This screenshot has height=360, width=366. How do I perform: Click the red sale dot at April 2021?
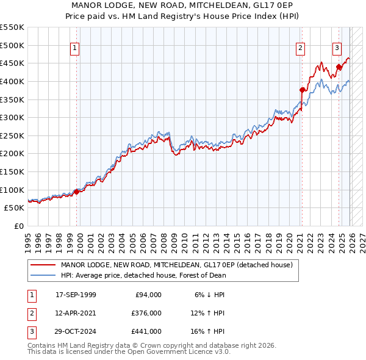click(302, 90)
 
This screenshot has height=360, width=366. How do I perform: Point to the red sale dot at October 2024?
click(339, 67)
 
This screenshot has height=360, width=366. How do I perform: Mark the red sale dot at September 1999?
click(77, 192)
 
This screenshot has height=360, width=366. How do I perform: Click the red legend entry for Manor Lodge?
click(177, 265)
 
